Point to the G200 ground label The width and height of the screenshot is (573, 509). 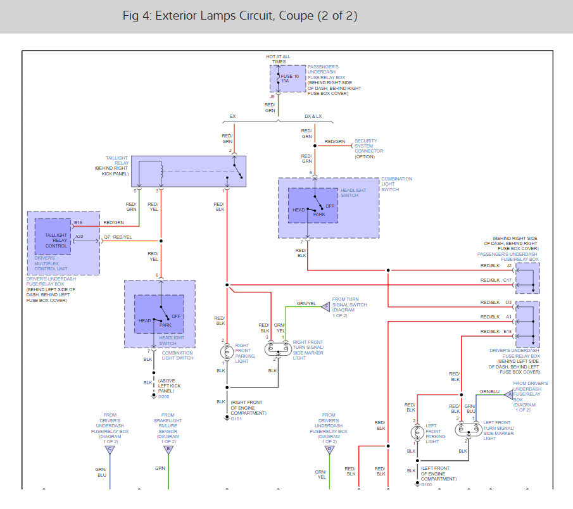[x=164, y=396]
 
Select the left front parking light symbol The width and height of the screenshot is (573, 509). [x=416, y=433]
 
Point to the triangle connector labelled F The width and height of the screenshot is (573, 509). [x=326, y=306]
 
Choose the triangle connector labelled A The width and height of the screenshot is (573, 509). [x=509, y=394]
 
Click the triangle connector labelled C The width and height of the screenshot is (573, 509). [x=110, y=449]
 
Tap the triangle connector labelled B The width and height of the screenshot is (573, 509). [x=168, y=449]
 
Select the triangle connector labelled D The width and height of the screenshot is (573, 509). [x=329, y=449]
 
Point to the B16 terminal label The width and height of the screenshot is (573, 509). [x=78, y=223]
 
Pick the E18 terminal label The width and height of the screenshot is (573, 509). [x=508, y=331]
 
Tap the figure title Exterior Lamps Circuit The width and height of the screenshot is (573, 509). [x=240, y=16]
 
